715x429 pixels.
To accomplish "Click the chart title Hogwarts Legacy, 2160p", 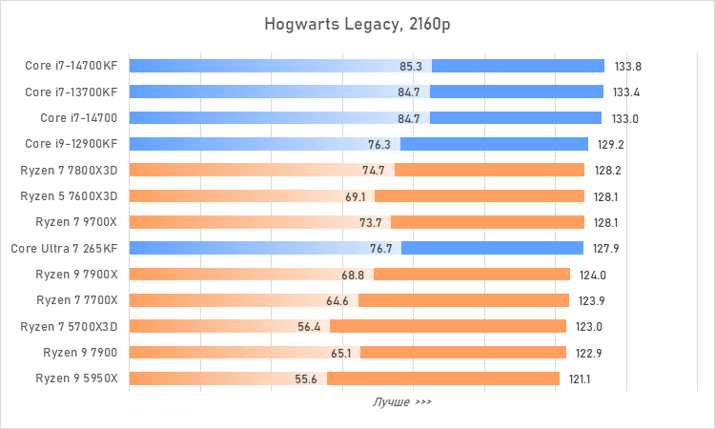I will [x=357, y=24].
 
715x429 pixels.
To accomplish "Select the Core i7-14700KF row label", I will [x=71, y=67].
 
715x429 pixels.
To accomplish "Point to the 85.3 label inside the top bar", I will [x=412, y=67].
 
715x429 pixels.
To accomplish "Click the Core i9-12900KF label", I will [x=71, y=144].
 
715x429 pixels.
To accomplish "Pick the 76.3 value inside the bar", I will [x=379, y=144].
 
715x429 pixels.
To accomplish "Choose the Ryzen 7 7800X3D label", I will [x=69, y=171].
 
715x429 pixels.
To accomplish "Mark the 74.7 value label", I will [x=374, y=171].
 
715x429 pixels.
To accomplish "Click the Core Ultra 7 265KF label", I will [x=65, y=248].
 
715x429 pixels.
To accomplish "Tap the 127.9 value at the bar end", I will [x=606, y=248].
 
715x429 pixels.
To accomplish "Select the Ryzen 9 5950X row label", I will [x=77, y=378].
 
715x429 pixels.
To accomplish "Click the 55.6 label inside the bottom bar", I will [x=306, y=378].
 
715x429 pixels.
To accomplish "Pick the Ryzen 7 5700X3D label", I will [x=69, y=326].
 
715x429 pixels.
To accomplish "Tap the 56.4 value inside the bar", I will [x=309, y=326].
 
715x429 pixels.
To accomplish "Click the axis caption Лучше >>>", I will [x=401, y=402].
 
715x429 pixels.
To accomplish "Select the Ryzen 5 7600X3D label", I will [x=69, y=196].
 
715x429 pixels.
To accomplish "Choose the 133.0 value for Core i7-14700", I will [x=624, y=118].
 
